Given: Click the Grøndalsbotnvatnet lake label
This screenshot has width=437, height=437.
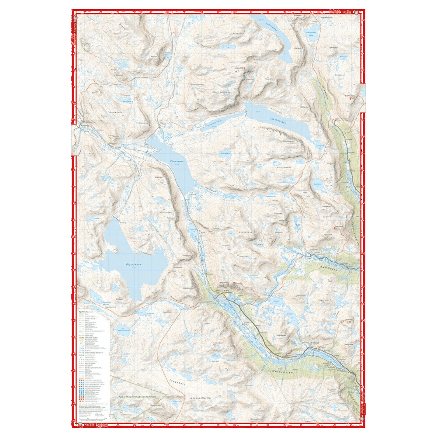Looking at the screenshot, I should point(311,33).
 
